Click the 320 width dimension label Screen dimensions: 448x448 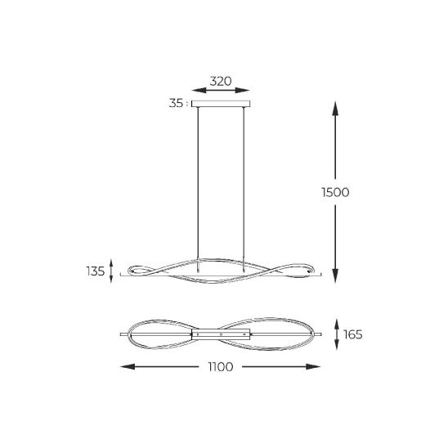(221, 82)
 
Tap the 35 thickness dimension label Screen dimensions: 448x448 (176, 103)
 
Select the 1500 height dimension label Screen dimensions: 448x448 (335, 192)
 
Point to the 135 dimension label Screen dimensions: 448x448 (96, 271)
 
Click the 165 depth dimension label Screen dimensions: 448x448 (353, 334)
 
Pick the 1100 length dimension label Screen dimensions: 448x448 (221, 366)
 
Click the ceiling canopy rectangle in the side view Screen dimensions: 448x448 (221, 104)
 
